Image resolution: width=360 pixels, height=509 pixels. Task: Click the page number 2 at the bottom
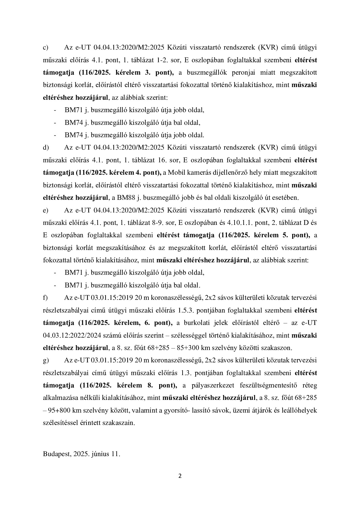pos(180,476)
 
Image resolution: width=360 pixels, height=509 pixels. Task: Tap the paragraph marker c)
pos(46,47)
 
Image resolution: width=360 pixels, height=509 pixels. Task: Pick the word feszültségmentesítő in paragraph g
pos(269,385)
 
